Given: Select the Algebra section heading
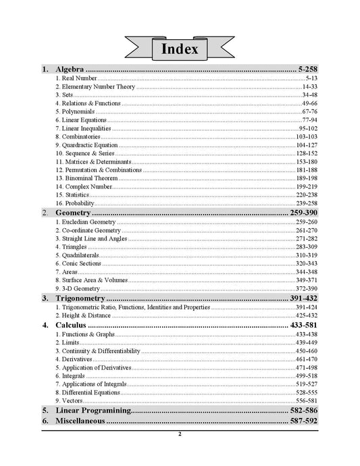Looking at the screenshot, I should pos(70,70).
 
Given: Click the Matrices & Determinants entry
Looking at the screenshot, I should pos(93,162).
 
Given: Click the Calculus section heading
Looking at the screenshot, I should pos(71,326).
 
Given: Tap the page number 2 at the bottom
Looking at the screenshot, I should pos(180,434).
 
